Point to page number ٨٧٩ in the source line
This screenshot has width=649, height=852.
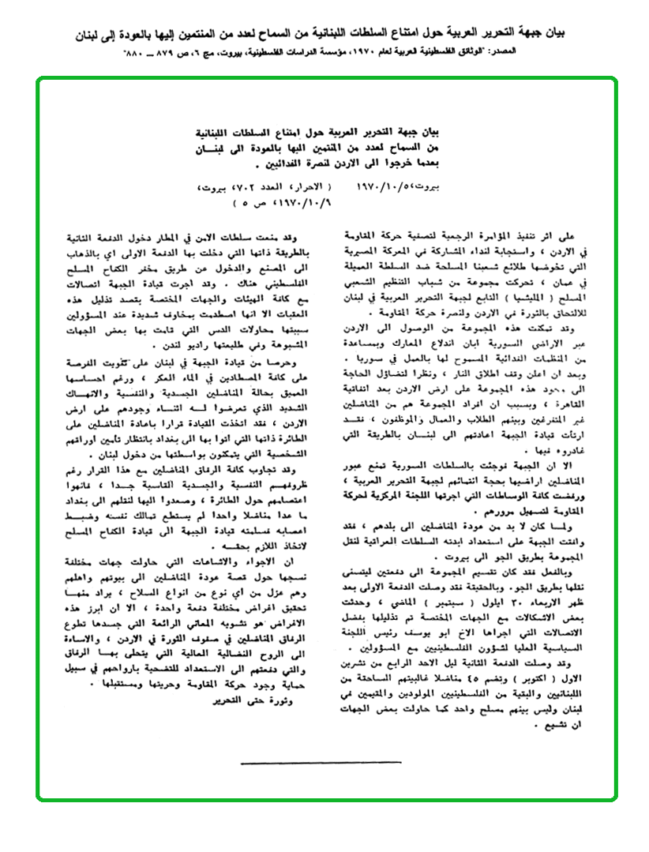tap(161, 51)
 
